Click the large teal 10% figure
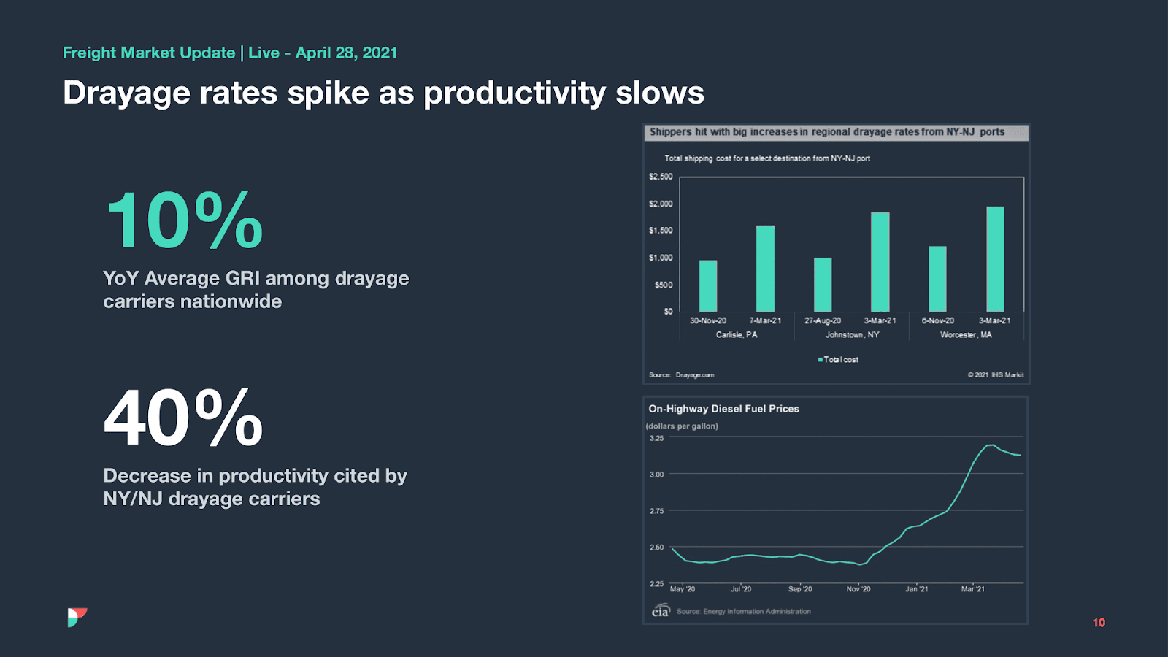click(184, 220)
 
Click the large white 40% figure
click(183, 418)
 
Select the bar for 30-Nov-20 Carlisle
click(707, 286)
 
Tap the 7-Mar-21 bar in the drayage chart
click(765, 269)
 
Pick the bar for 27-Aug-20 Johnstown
click(823, 285)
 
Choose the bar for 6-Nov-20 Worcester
click(937, 279)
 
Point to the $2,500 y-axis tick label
click(661, 177)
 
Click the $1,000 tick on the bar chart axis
click(661, 258)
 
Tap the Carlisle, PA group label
click(737, 335)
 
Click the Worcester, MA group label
click(966, 335)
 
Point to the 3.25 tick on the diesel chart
click(657, 438)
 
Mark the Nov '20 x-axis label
click(858, 589)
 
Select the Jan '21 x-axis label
click(917, 589)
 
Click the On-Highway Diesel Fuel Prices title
click(723, 409)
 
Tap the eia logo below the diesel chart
click(660, 611)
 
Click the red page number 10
click(1099, 623)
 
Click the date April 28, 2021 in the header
click(346, 53)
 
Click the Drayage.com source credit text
click(694, 375)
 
